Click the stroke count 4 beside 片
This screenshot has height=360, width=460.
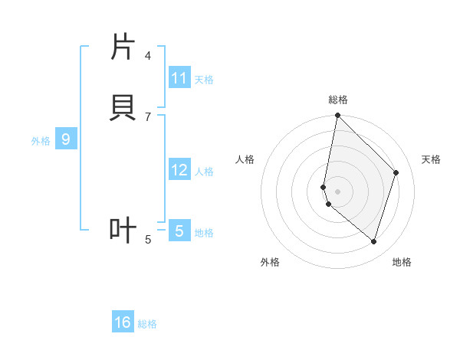pos(148,55)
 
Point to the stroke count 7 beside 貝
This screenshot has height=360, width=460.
pos(148,116)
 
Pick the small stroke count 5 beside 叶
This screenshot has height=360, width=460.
pos(148,240)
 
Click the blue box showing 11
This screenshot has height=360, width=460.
pos(179,78)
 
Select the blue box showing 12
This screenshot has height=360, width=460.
pos(179,170)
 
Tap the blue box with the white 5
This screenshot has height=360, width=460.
pos(179,231)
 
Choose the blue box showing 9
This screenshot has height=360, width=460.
pos(66,139)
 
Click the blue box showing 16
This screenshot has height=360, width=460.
pos(123,322)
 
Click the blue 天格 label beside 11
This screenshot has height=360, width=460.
pos(204,79)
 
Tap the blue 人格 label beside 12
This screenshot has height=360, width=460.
pos(204,172)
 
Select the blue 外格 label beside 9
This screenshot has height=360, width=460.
pos(41,141)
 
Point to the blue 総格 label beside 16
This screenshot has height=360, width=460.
pos(147,324)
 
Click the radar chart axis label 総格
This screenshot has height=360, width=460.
pos(338,100)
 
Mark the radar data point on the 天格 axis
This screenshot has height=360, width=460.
pos(396,172)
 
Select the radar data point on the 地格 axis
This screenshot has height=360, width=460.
pos(374,241)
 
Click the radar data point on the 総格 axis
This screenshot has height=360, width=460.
pos(338,115)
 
